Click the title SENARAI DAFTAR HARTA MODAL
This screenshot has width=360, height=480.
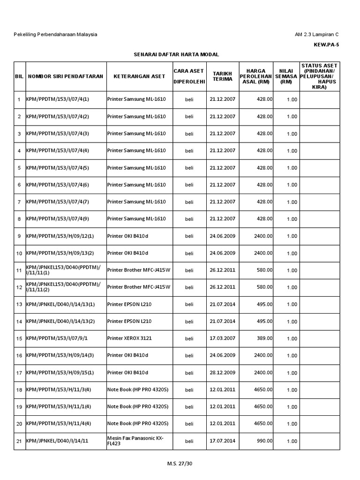pyautogui.click(x=177, y=55)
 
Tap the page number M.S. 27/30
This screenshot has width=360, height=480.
pyautogui.click(x=180, y=464)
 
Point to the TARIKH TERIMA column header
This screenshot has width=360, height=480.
pyautogui.click(x=223, y=76)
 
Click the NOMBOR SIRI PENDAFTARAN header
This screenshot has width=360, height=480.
pyautogui.click(x=66, y=76)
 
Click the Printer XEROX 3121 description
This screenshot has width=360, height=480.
pyautogui.click(x=129, y=338)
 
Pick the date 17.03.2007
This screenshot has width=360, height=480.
pyautogui.click(x=223, y=338)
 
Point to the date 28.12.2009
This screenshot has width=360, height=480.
pyautogui.click(x=223, y=373)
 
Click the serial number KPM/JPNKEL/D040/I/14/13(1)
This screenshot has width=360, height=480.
pyautogui.click(x=60, y=305)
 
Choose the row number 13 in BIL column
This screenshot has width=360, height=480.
pyautogui.click(x=19, y=305)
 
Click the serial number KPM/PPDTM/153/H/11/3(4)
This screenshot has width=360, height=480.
pyautogui.click(x=59, y=390)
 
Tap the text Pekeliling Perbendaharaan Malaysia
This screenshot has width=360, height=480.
pyautogui.click(x=56, y=35)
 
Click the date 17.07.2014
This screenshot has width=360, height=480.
pyautogui.click(x=223, y=441)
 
